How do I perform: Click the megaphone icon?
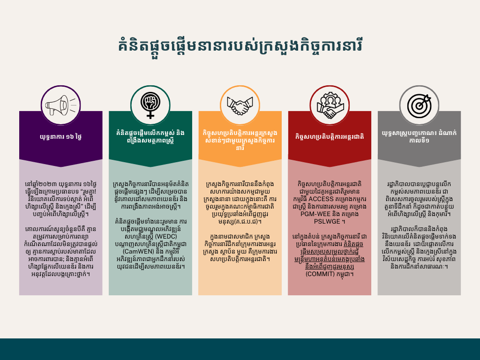coord(60,105)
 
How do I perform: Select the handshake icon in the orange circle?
coord(240,105)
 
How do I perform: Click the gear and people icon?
coord(330,105)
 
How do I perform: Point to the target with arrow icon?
coord(419,105)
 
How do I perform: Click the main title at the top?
coord(240,46)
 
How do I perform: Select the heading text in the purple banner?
coord(60,136)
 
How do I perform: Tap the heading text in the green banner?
coord(150,136)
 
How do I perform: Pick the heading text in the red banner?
coord(330,136)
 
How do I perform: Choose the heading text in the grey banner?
coord(419,136)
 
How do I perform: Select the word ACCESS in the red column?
coord(321,199)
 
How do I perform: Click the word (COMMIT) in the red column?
coord(320,274)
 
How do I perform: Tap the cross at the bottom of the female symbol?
coord(150,115)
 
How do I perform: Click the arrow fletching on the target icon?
coord(427,98)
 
